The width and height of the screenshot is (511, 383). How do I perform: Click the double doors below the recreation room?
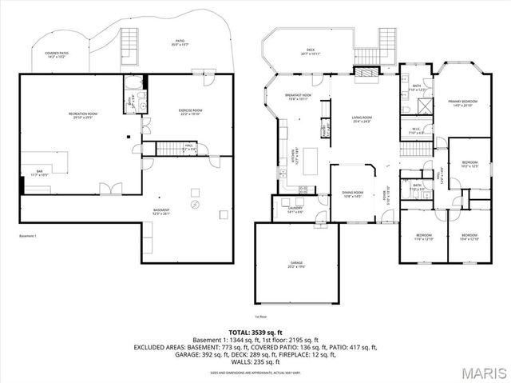[x=109, y=190]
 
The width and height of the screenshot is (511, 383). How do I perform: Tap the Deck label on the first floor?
[x=310, y=51]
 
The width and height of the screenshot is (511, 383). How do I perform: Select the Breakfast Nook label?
[x=297, y=97]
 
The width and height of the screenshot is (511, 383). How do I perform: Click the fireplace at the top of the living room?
[x=366, y=73]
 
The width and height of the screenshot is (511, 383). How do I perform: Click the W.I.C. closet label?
[x=416, y=131]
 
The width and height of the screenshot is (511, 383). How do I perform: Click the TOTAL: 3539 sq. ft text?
[x=255, y=331]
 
